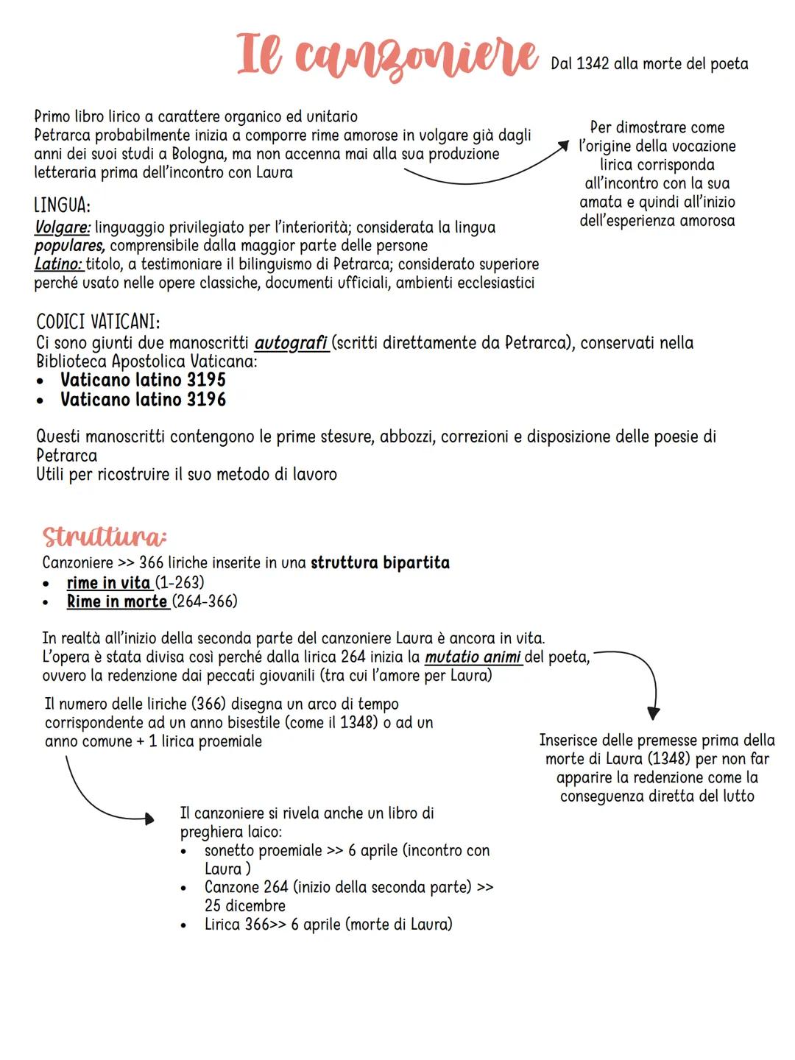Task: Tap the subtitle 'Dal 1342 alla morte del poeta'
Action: (649, 64)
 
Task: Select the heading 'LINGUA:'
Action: (63, 205)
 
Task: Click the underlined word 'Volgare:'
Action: (62, 227)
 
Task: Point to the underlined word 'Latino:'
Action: (59, 264)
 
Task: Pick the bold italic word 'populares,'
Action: (70, 246)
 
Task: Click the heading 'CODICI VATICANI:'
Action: (98, 322)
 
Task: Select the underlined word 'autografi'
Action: (291, 343)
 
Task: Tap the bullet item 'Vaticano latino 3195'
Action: (143, 380)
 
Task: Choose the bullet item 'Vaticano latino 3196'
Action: (143, 400)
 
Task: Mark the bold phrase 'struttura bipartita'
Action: (380, 563)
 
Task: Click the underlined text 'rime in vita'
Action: (108, 583)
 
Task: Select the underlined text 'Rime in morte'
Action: (117, 601)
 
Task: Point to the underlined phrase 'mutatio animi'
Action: (473, 657)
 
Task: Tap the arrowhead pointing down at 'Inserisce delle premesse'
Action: (653, 713)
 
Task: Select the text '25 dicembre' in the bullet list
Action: (245, 905)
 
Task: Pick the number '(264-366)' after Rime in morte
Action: (205, 601)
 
